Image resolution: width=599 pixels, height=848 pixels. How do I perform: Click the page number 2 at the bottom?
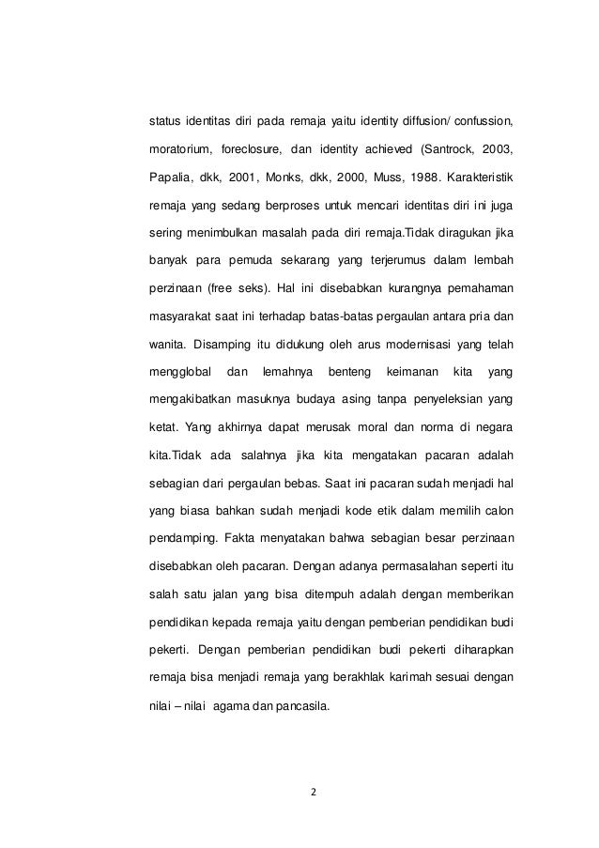click(314, 790)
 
